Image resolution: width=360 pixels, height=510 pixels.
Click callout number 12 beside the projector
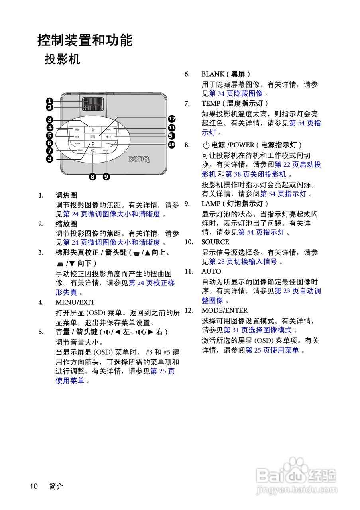[x=172, y=118]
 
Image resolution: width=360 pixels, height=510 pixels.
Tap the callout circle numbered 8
[x=93, y=177]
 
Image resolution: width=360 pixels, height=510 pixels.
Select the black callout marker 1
[x=49, y=101]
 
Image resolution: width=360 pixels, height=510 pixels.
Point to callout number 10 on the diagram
[x=172, y=144]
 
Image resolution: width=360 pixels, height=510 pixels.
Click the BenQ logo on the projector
[x=138, y=159]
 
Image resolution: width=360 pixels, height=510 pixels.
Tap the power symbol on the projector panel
[x=92, y=151]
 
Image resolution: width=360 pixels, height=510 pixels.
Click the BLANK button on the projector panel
[x=77, y=143]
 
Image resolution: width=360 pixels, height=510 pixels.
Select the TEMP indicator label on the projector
[x=80, y=151]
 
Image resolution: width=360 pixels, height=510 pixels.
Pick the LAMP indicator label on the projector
[x=106, y=151]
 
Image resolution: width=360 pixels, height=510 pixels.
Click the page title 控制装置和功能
[x=85, y=40]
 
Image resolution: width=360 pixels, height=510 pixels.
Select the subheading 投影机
[x=62, y=59]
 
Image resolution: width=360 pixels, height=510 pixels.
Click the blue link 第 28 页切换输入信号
[x=243, y=261]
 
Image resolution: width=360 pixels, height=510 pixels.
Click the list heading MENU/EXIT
[x=75, y=302]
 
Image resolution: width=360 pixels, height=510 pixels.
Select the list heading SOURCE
[x=215, y=242]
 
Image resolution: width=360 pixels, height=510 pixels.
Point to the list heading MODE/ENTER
[x=224, y=310]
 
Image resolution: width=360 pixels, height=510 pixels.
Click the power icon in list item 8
[x=206, y=145]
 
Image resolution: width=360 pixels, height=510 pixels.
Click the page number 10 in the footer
[x=33, y=486]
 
